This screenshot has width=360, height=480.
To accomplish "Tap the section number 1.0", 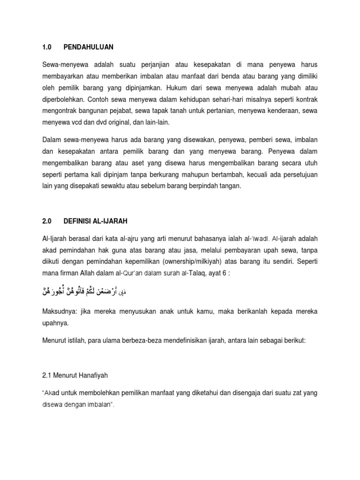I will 47,47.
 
